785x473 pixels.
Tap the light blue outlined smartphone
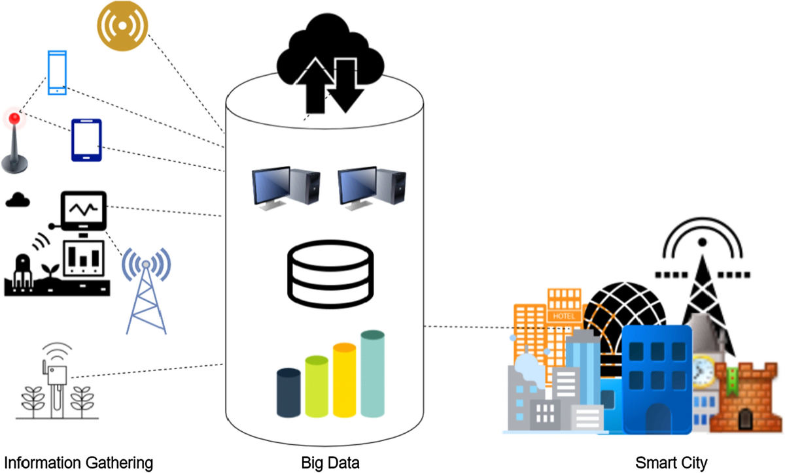coord(58,73)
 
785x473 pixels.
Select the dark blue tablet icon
coord(86,140)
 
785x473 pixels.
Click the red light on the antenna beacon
coord(14,118)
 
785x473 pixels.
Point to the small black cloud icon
coord(18,200)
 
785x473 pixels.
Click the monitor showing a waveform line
coord(83,210)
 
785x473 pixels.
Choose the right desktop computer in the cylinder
coord(370,189)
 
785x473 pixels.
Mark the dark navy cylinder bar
coord(288,393)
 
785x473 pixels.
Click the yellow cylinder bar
coord(344,380)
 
